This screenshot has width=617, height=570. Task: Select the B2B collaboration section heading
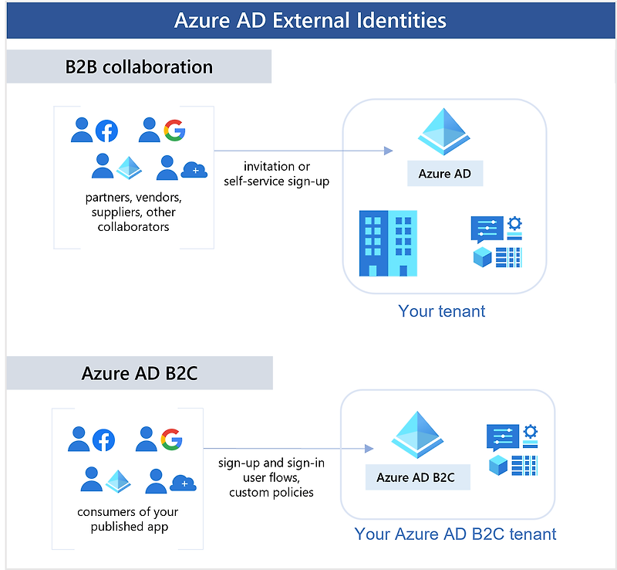click(x=139, y=66)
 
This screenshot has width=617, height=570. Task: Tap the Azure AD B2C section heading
click(x=140, y=374)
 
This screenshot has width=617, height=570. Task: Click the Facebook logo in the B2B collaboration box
click(x=106, y=131)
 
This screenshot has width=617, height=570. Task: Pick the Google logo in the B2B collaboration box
click(x=174, y=131)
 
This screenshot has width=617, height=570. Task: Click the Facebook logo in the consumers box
click(x=103, y=440)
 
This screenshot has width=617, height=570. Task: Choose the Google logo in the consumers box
click(x=171, y=440)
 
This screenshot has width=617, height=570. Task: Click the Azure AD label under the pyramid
click(x=445, y=174)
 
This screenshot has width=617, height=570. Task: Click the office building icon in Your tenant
click(x=388, y=243)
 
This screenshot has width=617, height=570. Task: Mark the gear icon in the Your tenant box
click(x=514, y=223)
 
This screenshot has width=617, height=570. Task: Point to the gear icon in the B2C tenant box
click(x=530, y=432)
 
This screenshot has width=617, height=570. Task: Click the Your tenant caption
click(x=442, y=311)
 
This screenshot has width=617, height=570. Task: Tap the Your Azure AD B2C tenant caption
click(x=455, y=534)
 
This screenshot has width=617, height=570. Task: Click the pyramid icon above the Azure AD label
click(x=445, y=131)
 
